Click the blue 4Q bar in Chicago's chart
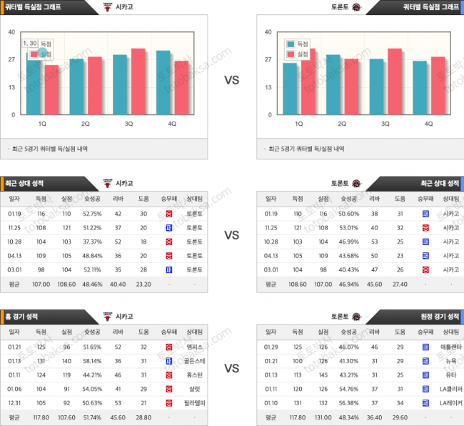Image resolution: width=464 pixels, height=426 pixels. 163,82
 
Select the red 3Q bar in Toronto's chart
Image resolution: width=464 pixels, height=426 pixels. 394,81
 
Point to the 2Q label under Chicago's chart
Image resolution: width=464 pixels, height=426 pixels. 85,124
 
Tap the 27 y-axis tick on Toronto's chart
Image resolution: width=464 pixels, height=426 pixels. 268,59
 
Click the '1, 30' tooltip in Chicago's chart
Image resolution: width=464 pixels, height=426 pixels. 30,44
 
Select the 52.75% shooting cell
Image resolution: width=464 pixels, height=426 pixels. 92,213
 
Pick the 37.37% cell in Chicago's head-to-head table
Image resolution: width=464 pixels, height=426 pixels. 92,241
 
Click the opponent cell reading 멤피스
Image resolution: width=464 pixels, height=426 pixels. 194,346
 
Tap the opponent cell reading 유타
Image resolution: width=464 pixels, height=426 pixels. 450,374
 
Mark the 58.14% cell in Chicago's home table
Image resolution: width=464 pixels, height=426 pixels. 92,360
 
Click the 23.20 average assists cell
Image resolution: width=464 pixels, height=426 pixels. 143,283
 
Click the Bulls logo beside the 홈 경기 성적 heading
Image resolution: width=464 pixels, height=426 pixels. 109,315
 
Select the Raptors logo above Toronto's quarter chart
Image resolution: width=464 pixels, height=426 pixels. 356,7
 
